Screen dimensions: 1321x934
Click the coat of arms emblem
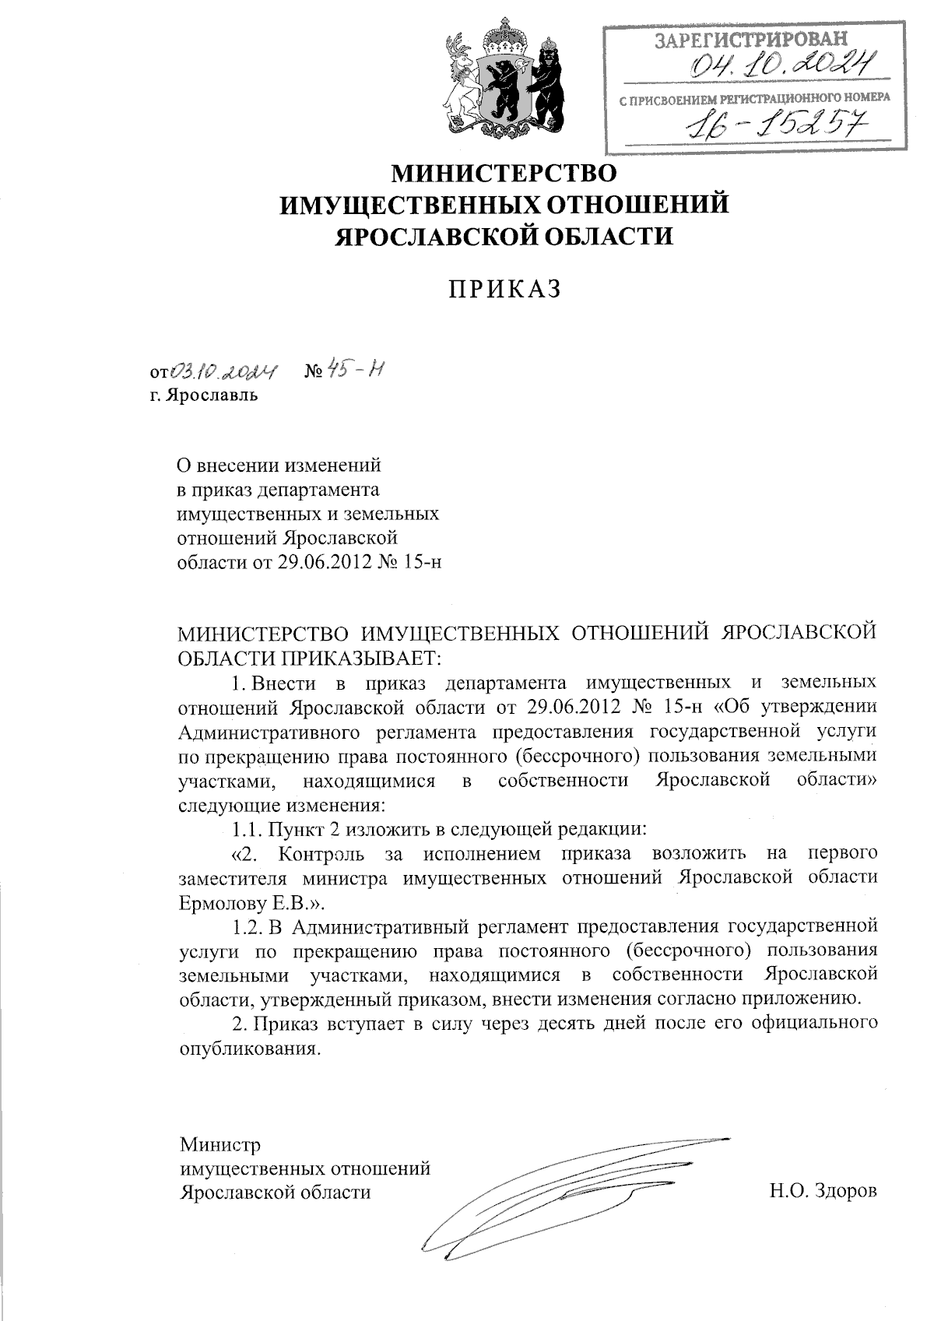(504, 79)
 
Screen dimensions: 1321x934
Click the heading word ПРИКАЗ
(504, 289)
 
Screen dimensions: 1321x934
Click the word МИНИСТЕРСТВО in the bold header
(504, 173)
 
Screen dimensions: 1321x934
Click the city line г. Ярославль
(205, 396)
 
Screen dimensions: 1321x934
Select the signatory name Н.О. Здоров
(822, 1192)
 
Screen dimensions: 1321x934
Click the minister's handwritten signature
(560, 1199)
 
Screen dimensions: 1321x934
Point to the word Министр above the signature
(220, 1145)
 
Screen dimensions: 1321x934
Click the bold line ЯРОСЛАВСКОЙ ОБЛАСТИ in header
(504, 236)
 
